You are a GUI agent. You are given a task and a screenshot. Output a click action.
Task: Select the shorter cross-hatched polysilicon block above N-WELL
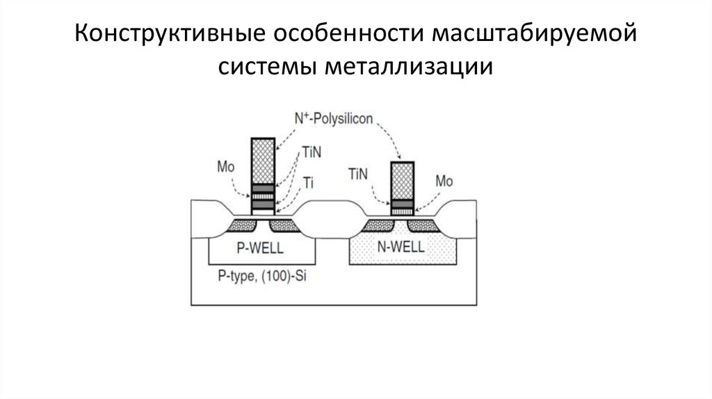(402, 180)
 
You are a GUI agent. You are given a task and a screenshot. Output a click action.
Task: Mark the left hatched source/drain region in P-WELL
(243, 224)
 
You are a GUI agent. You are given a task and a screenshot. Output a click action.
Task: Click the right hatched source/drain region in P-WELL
(282, 224)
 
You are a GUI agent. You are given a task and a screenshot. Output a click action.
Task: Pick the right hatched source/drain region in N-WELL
(421, 224)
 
